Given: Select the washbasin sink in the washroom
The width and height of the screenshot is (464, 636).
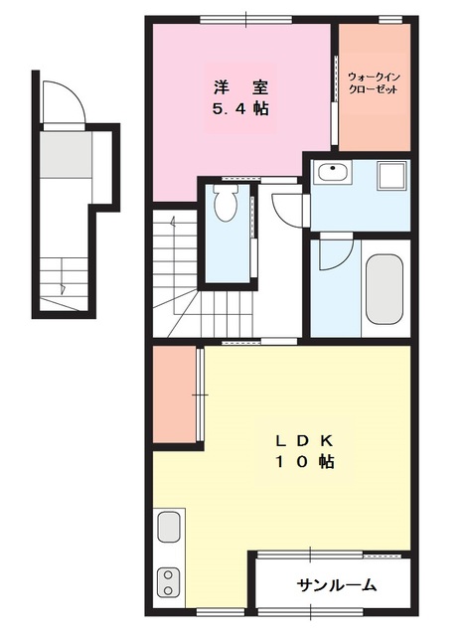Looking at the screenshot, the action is tap(333, 172).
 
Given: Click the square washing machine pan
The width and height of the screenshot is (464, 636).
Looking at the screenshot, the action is tap(391, 176).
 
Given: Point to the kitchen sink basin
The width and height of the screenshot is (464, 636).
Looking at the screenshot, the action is tap(169, 526).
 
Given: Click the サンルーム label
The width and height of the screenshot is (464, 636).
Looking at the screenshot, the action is tap(337, 584).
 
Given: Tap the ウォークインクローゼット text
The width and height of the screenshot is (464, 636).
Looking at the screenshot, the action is tap(374, 83).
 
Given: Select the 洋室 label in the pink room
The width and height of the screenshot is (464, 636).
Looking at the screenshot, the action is tap(240, 88).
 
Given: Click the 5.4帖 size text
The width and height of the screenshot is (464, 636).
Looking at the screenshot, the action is tap(240, 108).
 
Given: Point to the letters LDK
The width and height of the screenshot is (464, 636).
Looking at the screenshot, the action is tap(305, 440).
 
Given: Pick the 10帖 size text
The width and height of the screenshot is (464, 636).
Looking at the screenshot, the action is tap(305, 461).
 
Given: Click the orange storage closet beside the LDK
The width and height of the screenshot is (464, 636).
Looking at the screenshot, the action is tap(174, 395).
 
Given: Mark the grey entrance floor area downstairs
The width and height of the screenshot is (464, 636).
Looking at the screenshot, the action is tap(66, 154).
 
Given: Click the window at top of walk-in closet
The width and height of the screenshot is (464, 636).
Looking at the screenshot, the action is tap(390, 20).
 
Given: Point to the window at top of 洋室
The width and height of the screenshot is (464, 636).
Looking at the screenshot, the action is tap(246, 20).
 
